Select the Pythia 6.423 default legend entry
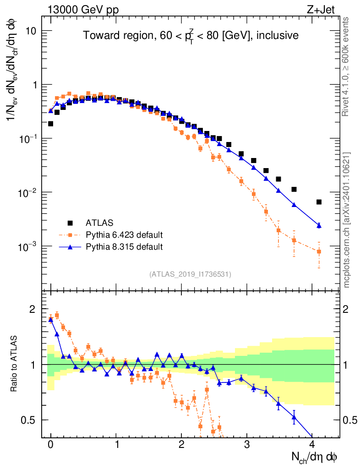pyautogui.click(x=124, y=235)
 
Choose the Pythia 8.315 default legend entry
pyautogui.click(x=124, y=247)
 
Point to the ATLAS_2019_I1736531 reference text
pyautogui.click(x=190, y=274)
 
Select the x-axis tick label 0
pyautogui.click(x=50, y=445)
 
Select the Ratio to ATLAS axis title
pyautogui.click(x=14, y=365)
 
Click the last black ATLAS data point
pyautogui.click(x=319, y=202)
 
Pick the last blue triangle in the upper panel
pyautogui.click(x=319, y=225)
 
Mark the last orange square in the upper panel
pyautogui.click(x=319, y=251)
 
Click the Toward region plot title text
pyautogui.click(x=191, y=35)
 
